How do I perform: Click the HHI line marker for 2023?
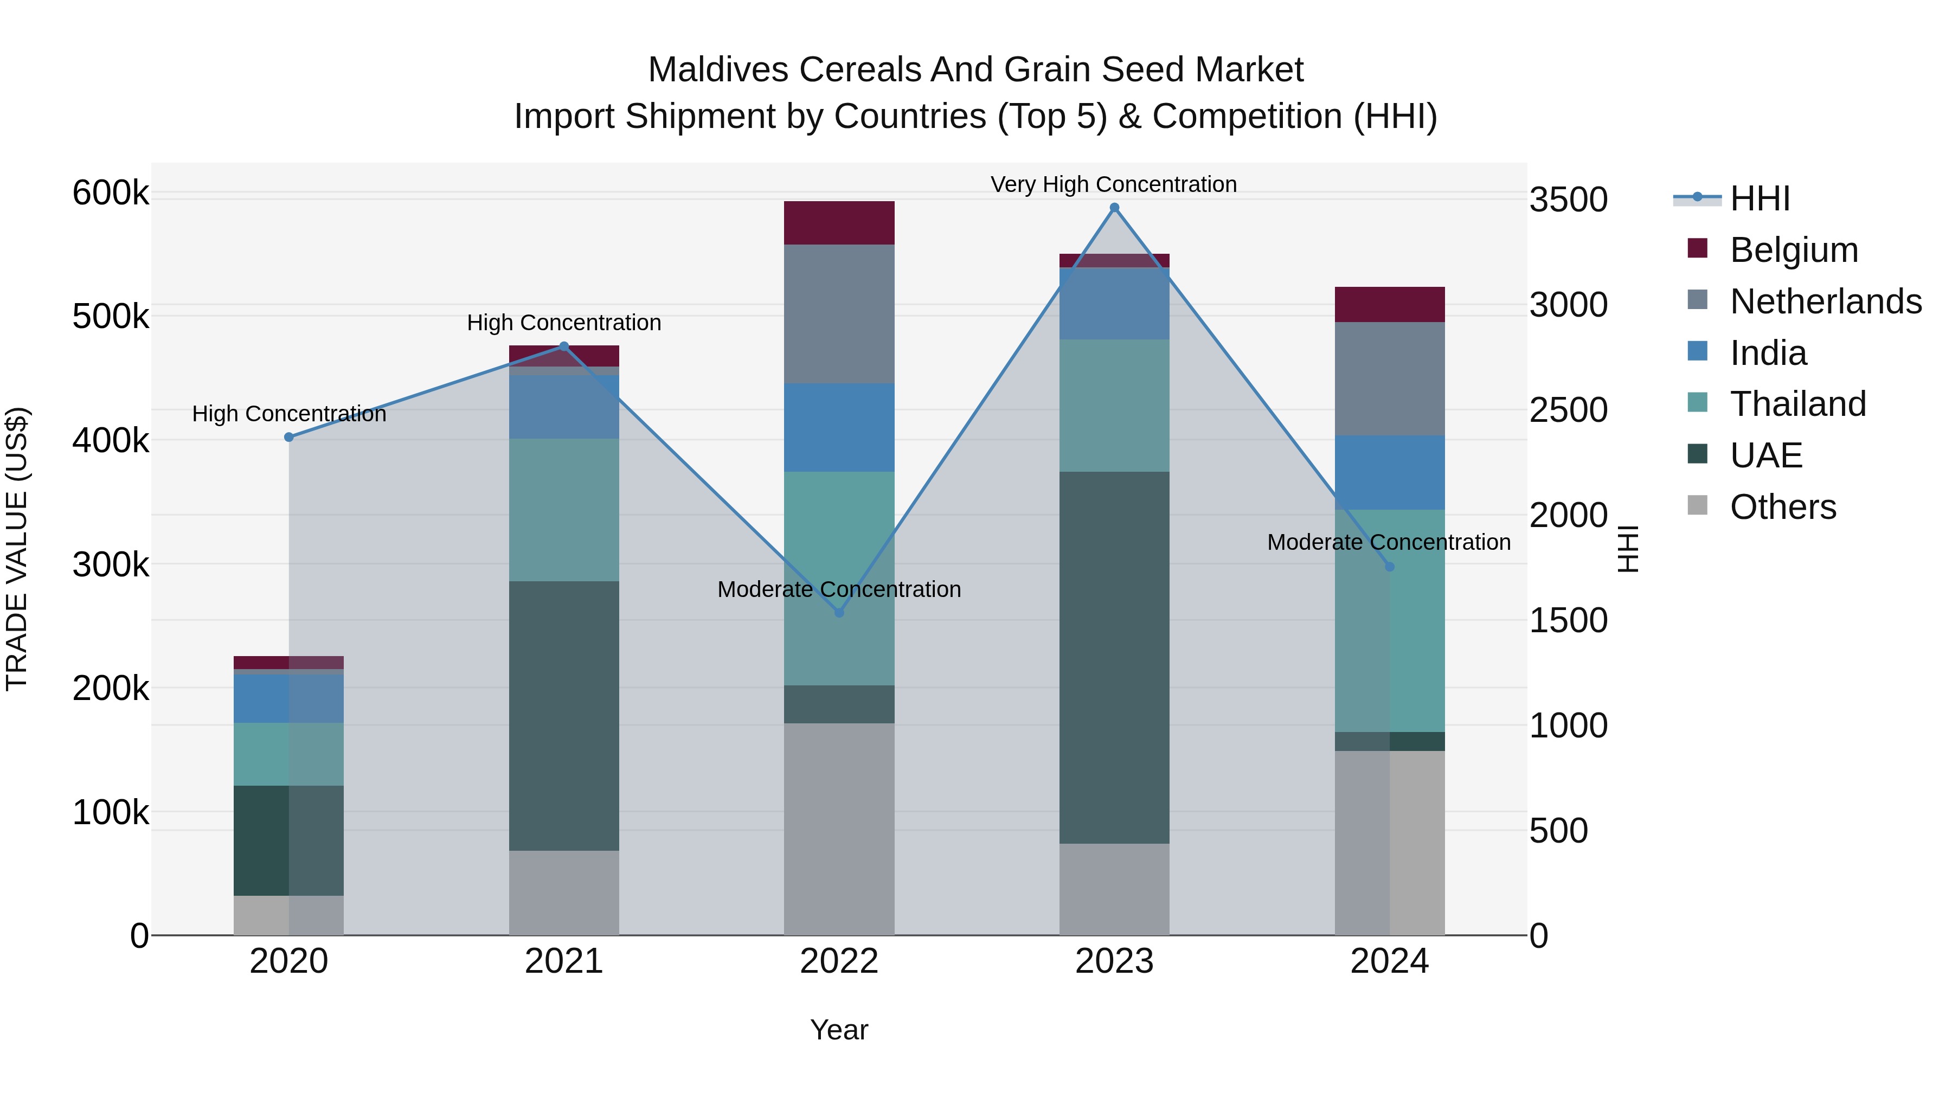pyautogui.click(x=1114, y=208)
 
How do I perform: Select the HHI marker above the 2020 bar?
pyautogui.click(x=288, y=437)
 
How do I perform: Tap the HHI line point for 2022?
pyautogui.click(x=839, y=612)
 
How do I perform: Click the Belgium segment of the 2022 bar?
pyautogui.click(x=839, y=223)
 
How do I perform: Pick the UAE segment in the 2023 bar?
pyautogui.click(x=1114, y=657)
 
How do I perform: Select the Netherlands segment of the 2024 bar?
pyautogui.click(x=1389, y=379)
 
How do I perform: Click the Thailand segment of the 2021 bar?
pyautogui.click(x=564, y=510)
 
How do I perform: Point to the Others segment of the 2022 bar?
pyautogui.click(x=839, y=829)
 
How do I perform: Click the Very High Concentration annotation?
pyautogui.click(x=1113, y=184)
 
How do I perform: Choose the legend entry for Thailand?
pyautogui.click(x=1797, y=404)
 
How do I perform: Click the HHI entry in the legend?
pyautogui.click(x=1760, y=198)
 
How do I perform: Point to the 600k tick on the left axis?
pyautogui.click(x=111, y=192)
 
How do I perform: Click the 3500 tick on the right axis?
pyautogui.click(x=1568, y=200)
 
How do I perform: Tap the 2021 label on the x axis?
pyautogui.click(x=564, y=961)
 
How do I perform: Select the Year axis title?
pyautogui.click(x=839, y=1030)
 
